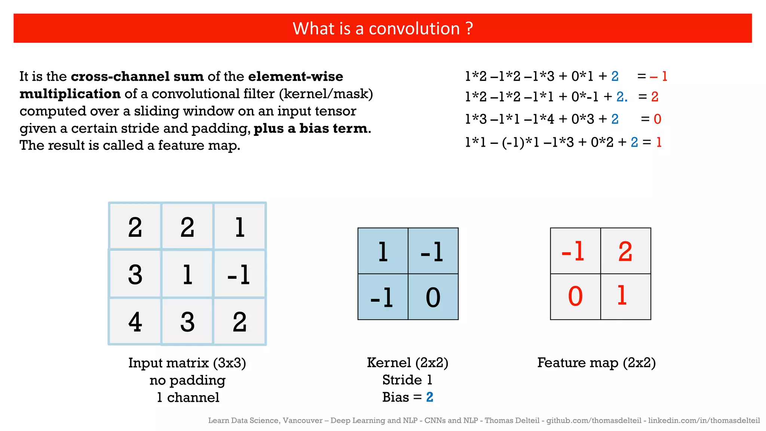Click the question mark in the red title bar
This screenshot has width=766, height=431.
point(469,29)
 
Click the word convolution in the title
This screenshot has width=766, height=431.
point(414,29)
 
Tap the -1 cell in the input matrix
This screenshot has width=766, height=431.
point(239,274)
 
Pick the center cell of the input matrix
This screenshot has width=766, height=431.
point(187,274)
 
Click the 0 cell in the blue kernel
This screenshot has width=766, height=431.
point(433,297)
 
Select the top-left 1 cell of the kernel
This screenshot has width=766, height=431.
point(383,251)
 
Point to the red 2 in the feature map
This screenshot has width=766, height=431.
point(625,251)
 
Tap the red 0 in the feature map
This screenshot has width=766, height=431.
point(575,297)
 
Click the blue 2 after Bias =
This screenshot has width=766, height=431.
point(430,397)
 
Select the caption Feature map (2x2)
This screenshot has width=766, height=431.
point(597,363)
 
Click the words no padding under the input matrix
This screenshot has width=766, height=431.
point(187,380)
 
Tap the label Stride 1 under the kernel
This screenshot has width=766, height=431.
point(407,380)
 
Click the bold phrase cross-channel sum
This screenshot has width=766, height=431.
point(137,76)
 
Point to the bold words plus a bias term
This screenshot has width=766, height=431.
point(310,128)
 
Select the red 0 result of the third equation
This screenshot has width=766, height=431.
point(658,119)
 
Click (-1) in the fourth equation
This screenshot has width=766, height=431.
point(513,143)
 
